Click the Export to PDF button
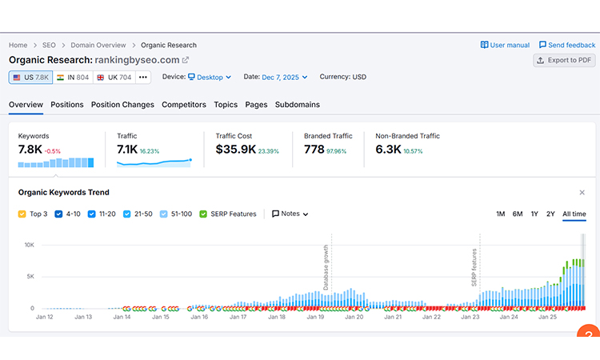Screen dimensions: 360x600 tap(565, 60)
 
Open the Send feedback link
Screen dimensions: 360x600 tap(567, 45)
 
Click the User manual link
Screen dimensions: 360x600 tap(505, 45)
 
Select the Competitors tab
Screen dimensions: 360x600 tap(184, 105)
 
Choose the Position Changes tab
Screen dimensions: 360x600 tap(122, 105)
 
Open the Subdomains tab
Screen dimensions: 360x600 tap(298, 105)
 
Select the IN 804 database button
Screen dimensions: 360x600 tap(72, 78)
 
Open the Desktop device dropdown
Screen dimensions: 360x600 tap(210, 78)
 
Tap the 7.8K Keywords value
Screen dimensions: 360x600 tap(30, 150)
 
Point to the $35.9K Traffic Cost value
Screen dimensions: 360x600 tap(236, 150)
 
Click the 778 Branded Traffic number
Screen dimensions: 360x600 tap(314, 150)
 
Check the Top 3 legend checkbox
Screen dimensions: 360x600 tap(22, 214)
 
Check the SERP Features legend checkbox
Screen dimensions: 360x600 tap(203, 214)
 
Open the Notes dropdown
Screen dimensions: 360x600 tap(290, 214)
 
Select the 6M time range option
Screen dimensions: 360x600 tap(518, 214)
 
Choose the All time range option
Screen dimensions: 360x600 tap(574, 214)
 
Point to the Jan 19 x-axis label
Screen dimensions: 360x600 tap(315, 317)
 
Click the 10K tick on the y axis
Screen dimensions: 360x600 tap(29, 245)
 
